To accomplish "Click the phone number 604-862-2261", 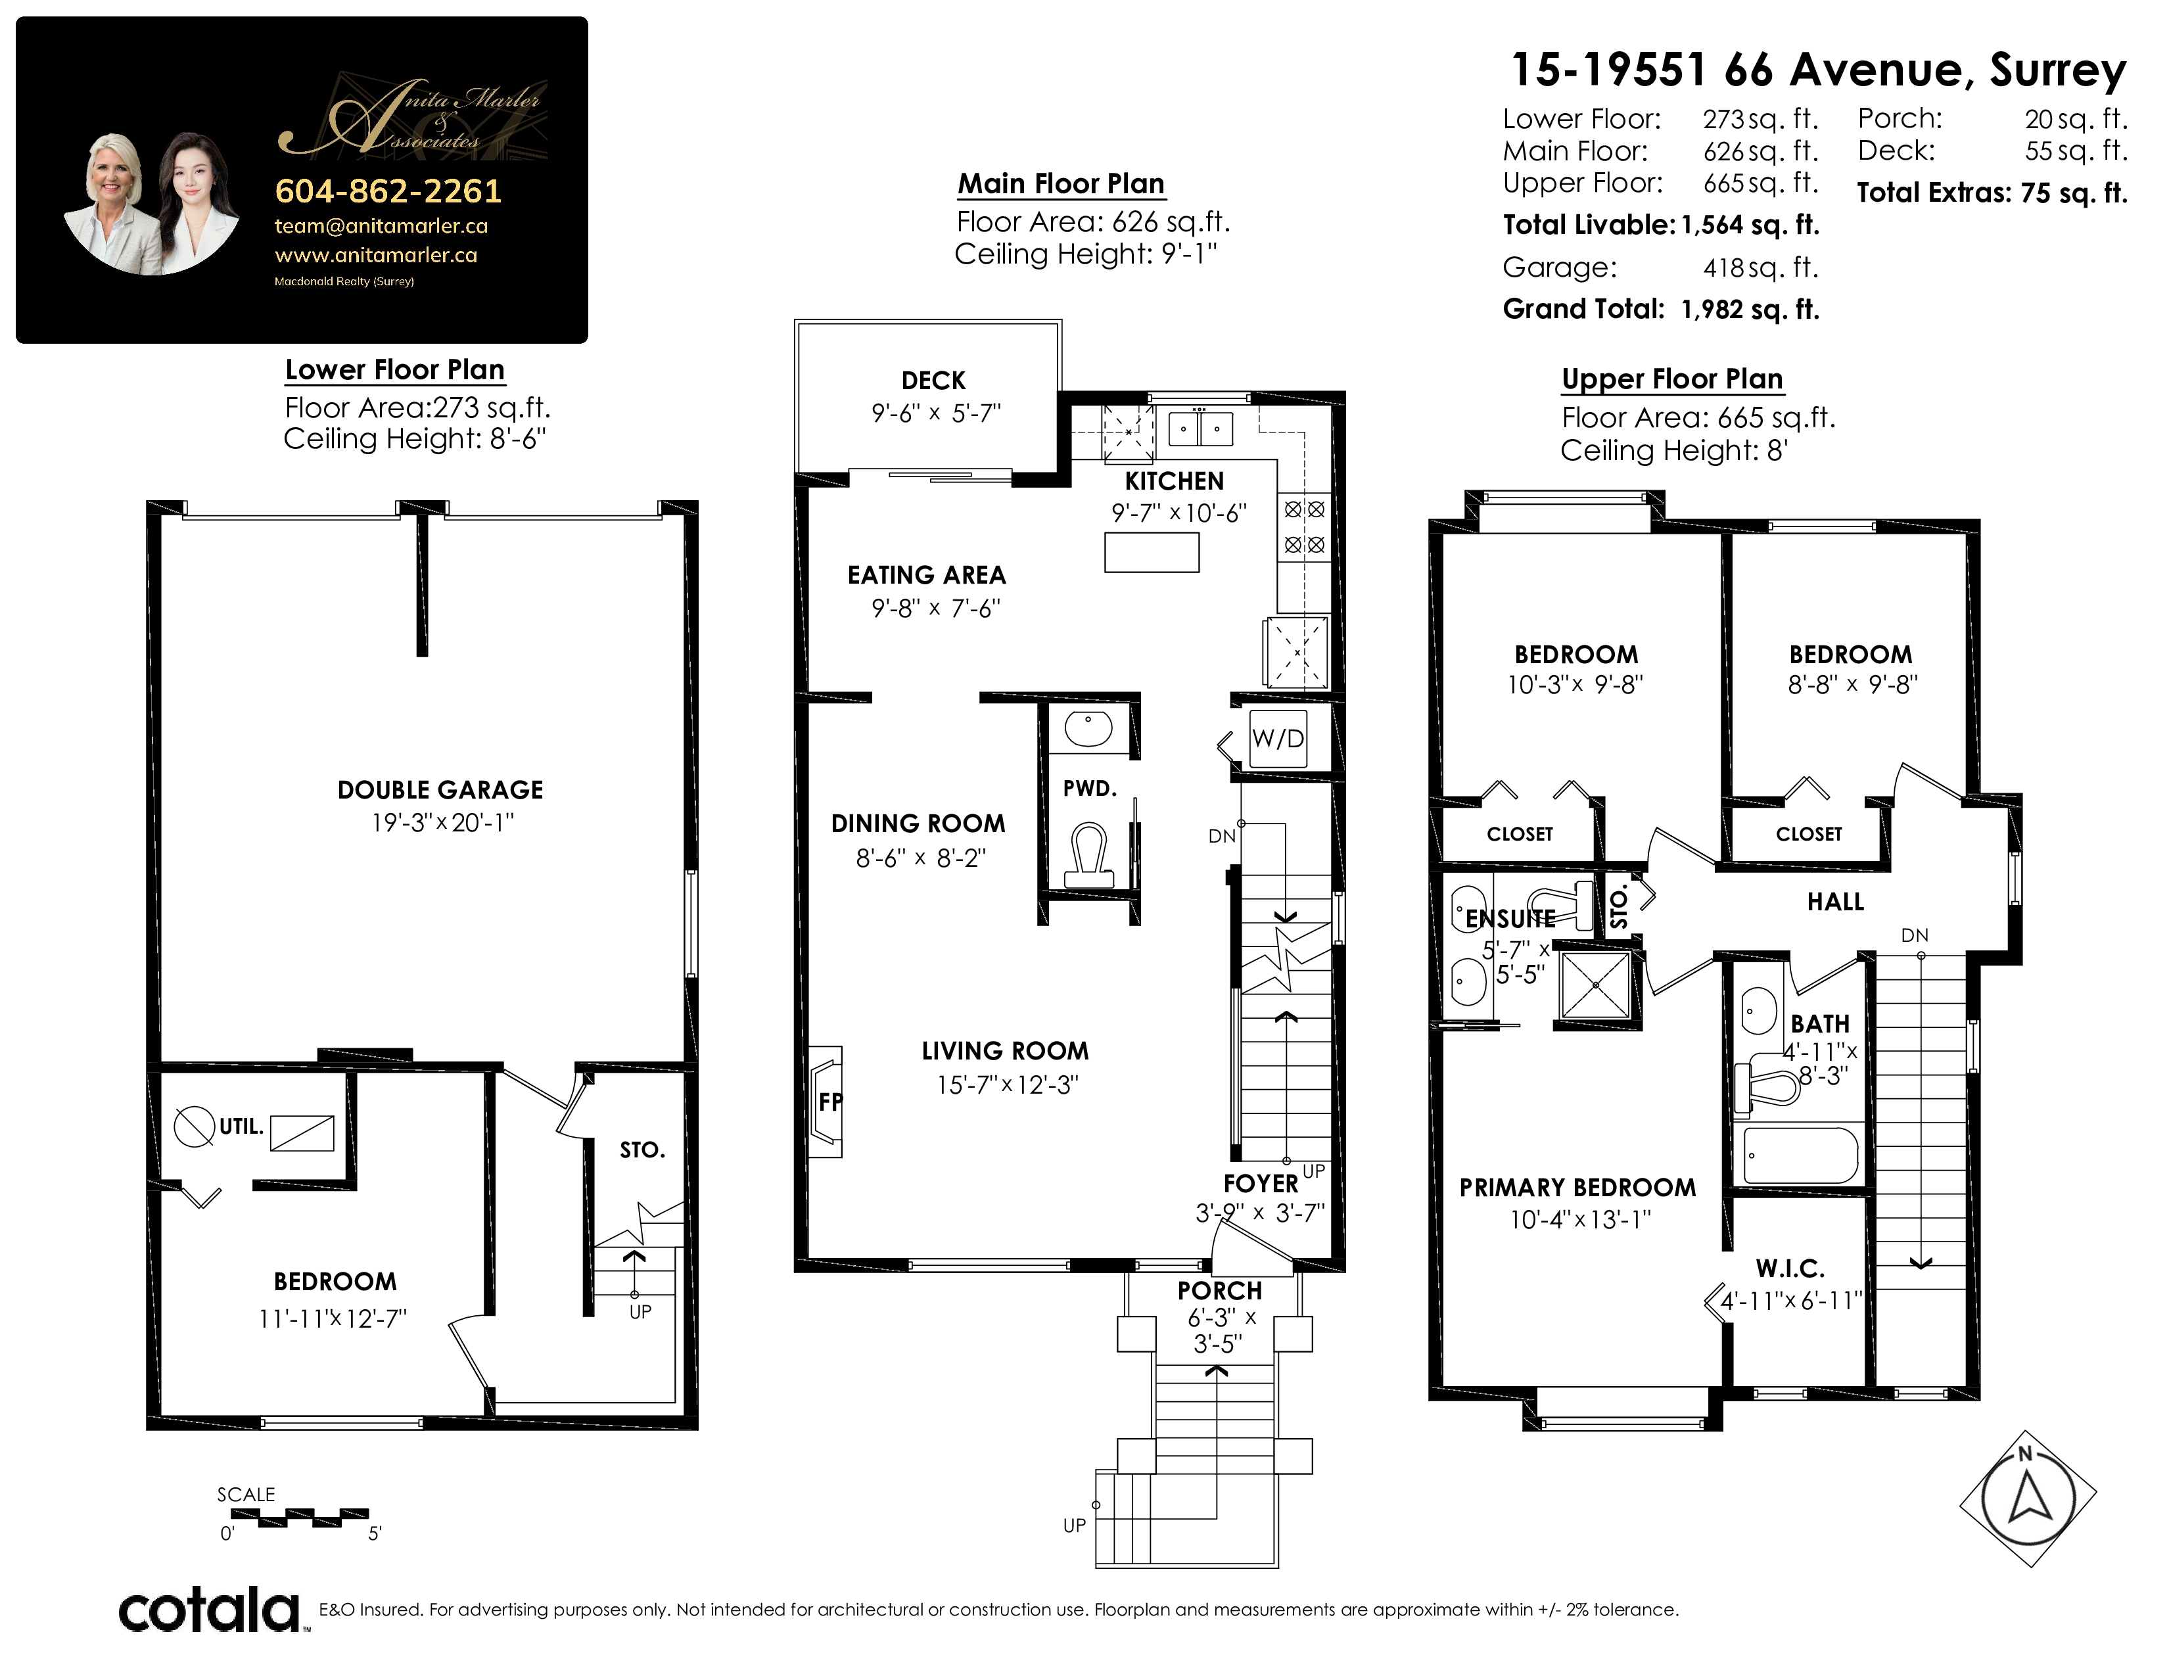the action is pos(388,191).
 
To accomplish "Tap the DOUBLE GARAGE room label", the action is pos(440,790).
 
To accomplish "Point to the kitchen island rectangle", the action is pos(1152,552).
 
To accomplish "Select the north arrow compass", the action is pos(2027,1499).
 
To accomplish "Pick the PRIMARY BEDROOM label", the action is pos(1577,1188).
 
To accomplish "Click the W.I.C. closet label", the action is pos(1790,1268).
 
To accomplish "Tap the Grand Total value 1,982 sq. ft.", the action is pos(1750,310).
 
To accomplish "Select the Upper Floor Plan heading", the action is pos(1673,379).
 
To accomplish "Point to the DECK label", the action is pos(933,381).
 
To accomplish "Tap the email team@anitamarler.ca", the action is pos(381,226).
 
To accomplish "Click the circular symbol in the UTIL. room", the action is pos(195,1126).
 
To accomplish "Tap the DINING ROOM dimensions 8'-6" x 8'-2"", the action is pos(921,858).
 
